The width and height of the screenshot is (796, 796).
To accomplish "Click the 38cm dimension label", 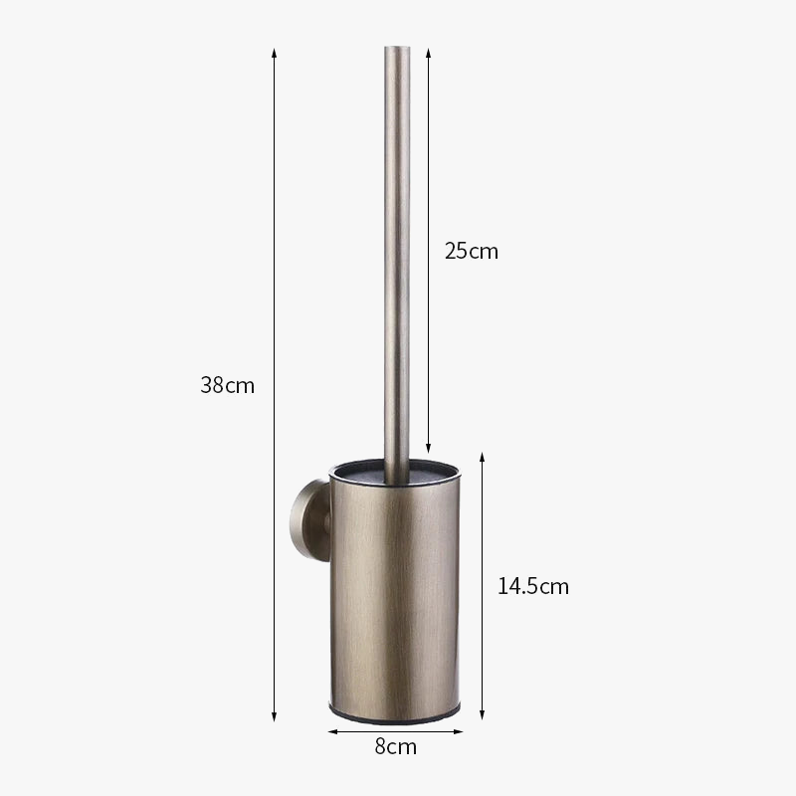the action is [227, 385].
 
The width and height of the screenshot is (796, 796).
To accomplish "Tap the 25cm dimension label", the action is [471, 251].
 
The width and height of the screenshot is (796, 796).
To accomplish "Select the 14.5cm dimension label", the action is [533, 586].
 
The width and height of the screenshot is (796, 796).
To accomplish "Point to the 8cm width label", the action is [395, 747].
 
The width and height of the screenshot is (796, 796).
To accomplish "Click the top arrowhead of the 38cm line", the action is [275, 54].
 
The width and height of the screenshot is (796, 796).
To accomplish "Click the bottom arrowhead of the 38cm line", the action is [275, 716].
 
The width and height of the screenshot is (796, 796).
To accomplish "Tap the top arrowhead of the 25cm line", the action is [429, 54].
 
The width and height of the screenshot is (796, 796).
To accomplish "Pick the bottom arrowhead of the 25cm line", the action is [429, 448].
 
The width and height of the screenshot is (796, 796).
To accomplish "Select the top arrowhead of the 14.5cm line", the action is [483, 457].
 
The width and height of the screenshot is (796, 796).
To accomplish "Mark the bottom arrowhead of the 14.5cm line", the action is [483, 714].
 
